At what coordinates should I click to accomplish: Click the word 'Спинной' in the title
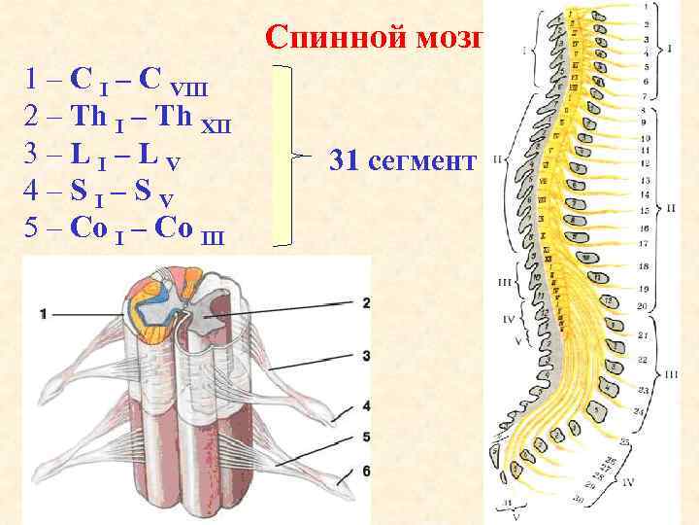(325, 37)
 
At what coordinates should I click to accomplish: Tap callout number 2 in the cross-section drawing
(365, 302)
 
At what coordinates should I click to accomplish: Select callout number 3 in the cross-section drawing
(365, 356)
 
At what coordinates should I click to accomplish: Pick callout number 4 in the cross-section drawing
(365, 404)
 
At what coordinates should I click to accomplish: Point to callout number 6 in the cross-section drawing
(365, 471)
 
